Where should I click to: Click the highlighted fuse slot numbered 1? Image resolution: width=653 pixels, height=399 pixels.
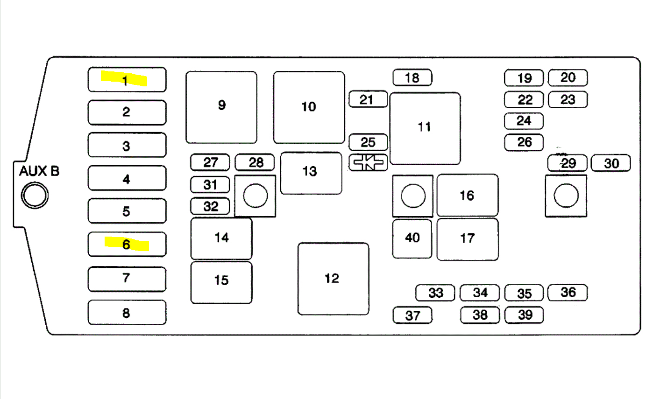pyautogui.click(x=127, y=80)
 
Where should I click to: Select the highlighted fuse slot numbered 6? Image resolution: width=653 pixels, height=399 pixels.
pyautogui.click(x=127, y=244)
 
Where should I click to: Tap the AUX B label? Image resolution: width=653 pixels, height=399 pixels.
pyautogui.click(x=39, y=172)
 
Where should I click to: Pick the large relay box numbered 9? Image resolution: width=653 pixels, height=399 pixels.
pyautogui.click(x=221, y=107)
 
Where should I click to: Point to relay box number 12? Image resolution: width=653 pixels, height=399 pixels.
pyautogui.click(x=333, y=279)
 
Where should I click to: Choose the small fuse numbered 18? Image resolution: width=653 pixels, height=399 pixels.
pyautogui.click(x=412, y=77)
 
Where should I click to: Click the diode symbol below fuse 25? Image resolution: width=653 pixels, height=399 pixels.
pyautogui.click(x=368, y=162)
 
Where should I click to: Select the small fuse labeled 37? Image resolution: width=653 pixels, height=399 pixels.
pyautogui.click(x=412, y=315)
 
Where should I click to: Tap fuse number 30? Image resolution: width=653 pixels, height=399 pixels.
pyautogui.click(x=611, y=163)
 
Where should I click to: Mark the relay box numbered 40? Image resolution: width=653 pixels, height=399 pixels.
pyautogui.click(x=412, y=238)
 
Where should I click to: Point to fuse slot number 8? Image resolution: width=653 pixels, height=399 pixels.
pyautogui.click(x=127, y=312)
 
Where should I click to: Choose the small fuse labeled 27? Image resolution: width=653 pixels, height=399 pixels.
pyautogui.click(x=210, y=162)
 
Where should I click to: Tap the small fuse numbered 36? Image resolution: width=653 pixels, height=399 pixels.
pyautogui.click(x=568, y=292)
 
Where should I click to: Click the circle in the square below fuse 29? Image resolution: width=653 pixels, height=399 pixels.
pyautogui.click(x=566, y=196)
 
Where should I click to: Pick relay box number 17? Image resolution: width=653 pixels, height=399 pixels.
pyautogui.click(x=467, y=239)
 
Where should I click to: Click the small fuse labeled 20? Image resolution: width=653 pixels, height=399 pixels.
pyautogui.click(x=568, y=77)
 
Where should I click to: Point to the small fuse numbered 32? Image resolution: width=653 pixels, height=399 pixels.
pyautogui.click(x=210, y=206)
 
